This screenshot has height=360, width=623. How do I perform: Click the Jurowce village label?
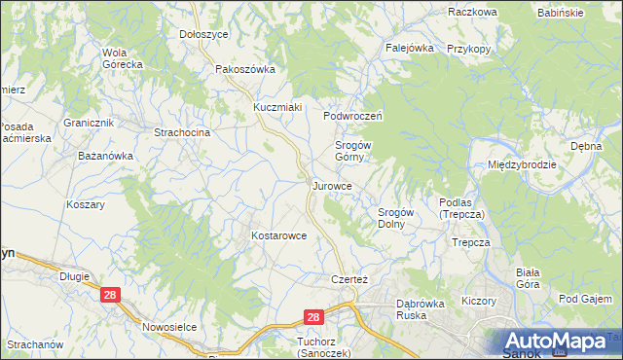(340, 184)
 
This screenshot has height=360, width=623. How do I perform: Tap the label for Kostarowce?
(279, 235)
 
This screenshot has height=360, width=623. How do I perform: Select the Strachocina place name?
(183, 130)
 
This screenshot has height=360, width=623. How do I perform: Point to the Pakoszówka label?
(245, 69)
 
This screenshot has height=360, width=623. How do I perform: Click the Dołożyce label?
(203, 33)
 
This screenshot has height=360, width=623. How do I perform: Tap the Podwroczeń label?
(355, 115)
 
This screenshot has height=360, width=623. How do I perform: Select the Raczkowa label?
(473, 12)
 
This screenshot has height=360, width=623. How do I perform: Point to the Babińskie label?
(561, 13)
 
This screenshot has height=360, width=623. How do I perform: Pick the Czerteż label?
(340, 279)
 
